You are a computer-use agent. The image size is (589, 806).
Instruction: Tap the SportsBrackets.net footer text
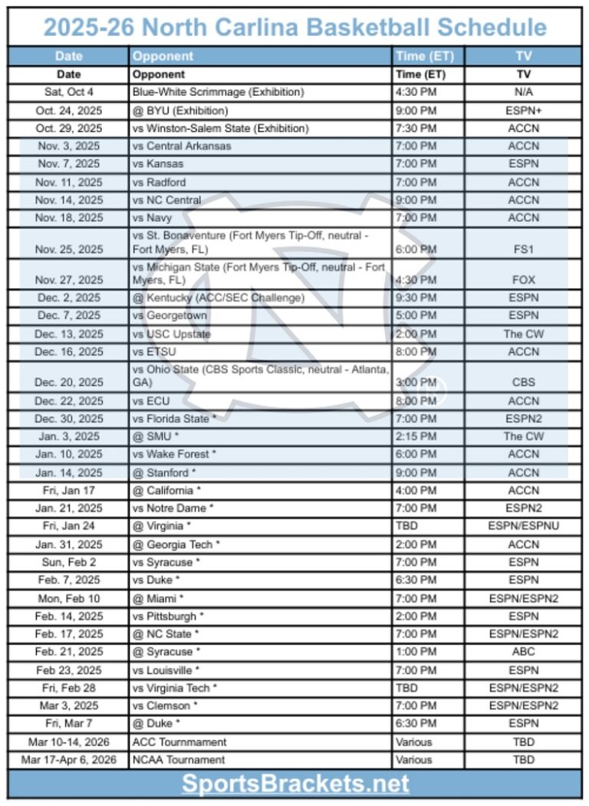point(295,784)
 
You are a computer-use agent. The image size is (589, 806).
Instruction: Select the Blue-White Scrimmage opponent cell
point(219,92)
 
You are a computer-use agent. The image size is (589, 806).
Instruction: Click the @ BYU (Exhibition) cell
point(180,110)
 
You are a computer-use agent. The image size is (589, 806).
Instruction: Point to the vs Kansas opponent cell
point(159,164)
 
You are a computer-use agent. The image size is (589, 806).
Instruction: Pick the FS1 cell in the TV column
point(523,249)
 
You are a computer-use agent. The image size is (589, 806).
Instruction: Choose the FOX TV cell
point(523,280)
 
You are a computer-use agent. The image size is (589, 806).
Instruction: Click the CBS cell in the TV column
point(523,382)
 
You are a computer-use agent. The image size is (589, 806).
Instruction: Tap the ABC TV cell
point(523,652)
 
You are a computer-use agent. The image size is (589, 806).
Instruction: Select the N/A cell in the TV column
point(523,92)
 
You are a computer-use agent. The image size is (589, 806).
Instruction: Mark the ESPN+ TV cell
point(523,110)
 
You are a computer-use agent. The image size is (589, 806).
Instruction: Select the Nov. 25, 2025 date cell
point(69,249)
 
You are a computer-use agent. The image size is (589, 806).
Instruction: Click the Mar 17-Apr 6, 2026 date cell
point(69,760)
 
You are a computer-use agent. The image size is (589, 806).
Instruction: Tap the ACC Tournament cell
point(179,742)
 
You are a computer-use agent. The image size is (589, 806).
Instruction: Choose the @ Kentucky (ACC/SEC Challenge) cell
point(219,298)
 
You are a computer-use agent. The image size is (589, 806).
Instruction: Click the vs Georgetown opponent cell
point(169,316)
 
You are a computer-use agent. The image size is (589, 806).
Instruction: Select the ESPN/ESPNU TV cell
point(523,526)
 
